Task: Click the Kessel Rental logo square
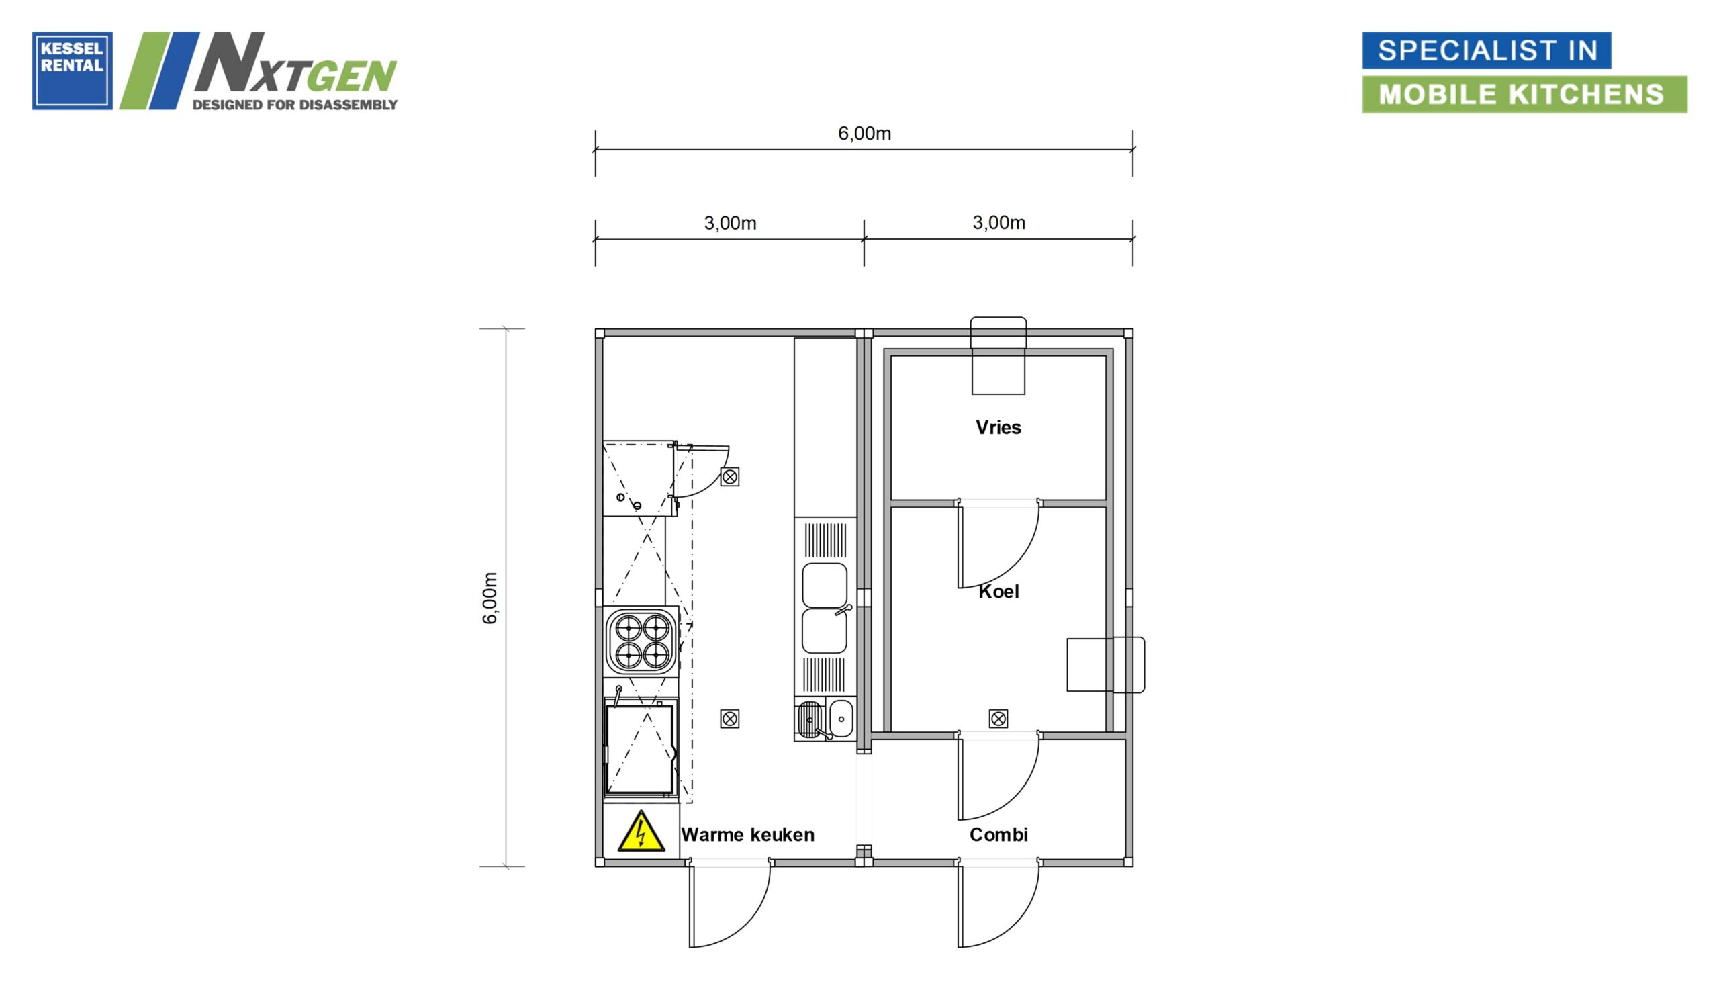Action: point(73,71)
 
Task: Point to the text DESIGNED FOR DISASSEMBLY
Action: point(295,105)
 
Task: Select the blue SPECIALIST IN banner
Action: point(1486,50)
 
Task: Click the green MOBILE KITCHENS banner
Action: point(1524,94)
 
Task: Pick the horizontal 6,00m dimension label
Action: point(865,133)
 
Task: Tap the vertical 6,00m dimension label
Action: point(490,598)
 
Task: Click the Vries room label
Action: point(998,427)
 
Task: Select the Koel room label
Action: point(999,591)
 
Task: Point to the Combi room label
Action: point(999,835)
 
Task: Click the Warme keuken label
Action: point(748,835)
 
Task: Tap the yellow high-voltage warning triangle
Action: point(641,832)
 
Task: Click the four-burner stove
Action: point(642,641)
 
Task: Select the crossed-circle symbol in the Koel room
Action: point(998,719)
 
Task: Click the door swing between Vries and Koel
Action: point(998,544)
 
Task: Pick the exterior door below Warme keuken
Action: point(729,903)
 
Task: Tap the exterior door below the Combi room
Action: point(998,903)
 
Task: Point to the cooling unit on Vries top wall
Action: point(998,355)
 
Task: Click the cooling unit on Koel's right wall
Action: point(1106,664)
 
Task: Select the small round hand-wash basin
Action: point(841,719)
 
